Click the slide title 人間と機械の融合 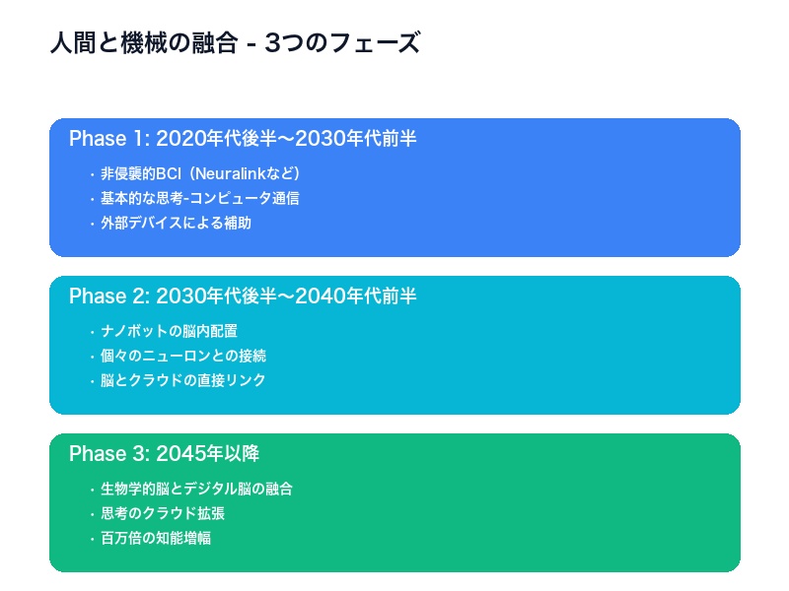coord(139,44)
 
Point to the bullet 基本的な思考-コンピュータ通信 coord(199,198)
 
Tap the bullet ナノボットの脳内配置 coord(169,331)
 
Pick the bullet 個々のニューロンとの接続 coord(182,356)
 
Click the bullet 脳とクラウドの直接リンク coord(182,380)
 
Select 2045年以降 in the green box coord(207,454)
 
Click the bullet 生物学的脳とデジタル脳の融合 coord(196,489)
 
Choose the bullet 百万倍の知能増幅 coord(155,538)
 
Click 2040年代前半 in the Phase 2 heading coord(357,296)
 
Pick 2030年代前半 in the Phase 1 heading coord(357,139)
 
